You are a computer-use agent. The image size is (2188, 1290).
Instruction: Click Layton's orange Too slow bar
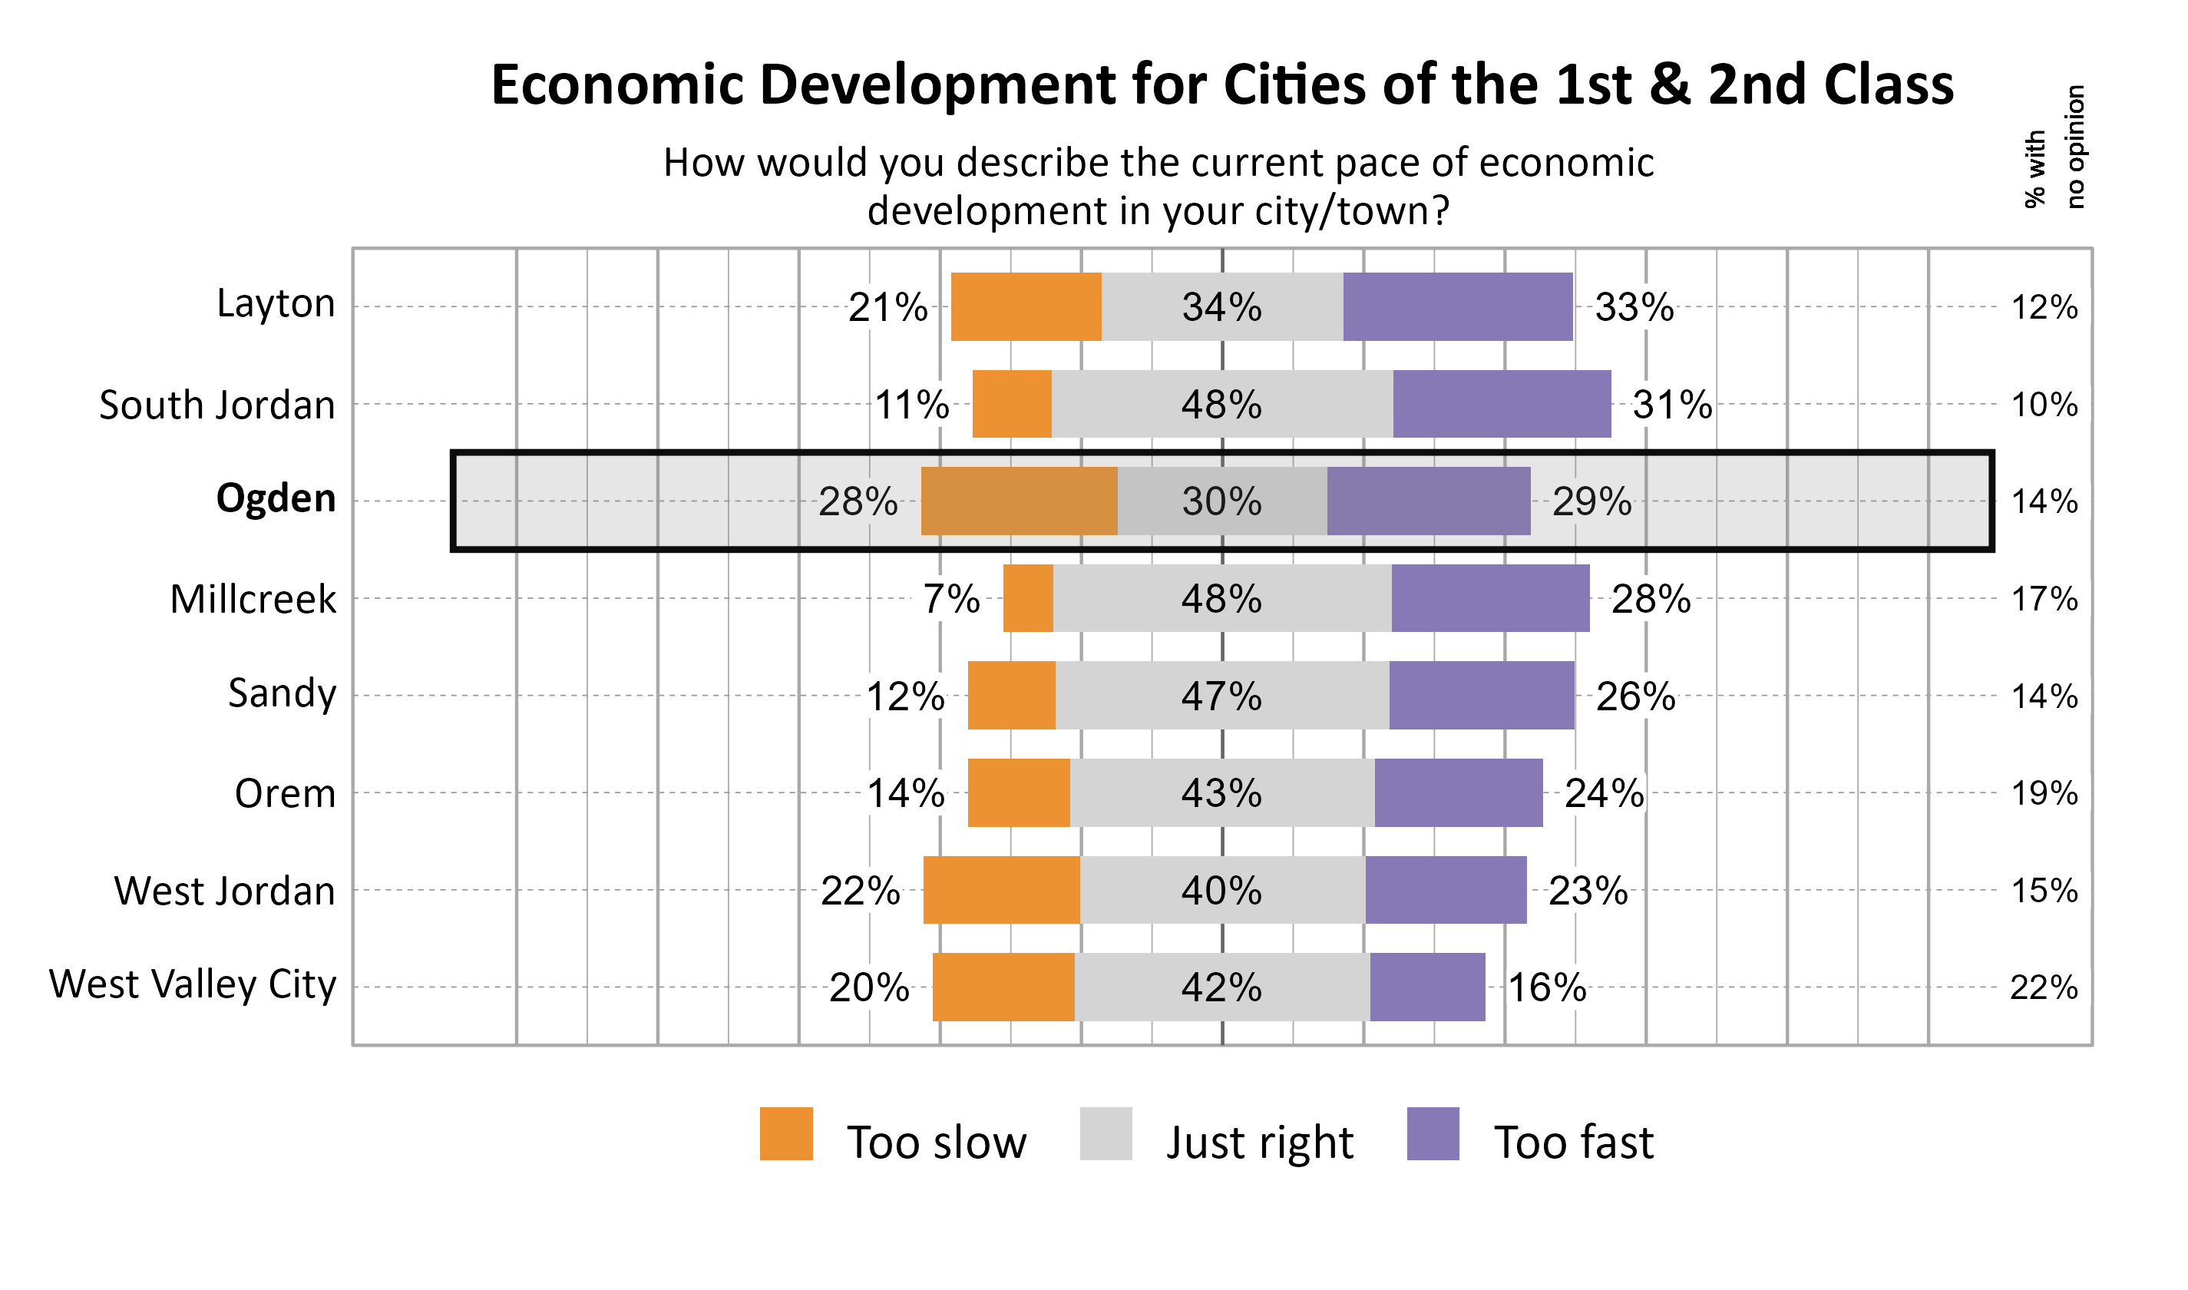tap(1026, 307)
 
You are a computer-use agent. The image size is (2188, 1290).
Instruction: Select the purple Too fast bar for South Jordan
tap(1502, 404)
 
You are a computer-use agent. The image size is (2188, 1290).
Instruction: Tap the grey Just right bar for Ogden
tap(1221, 501)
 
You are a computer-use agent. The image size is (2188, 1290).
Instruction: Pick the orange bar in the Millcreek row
tap(1028, 599)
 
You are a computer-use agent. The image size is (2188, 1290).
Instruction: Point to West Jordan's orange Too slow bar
tap(1001, 890)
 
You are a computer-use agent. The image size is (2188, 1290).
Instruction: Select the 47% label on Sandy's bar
tap(1221, 696)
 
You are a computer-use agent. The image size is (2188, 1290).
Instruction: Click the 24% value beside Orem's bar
tap(1604, 794)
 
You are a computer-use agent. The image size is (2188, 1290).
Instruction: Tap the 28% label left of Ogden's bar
tap(858, 501)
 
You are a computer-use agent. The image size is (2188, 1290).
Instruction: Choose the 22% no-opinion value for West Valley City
tap(2044, 987)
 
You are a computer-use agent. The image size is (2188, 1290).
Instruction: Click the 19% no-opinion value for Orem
tap(2044, 794)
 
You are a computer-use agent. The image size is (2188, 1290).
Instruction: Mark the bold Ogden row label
tap(276, 499)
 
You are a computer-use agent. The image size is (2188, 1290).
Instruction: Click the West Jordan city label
tap(224, 891)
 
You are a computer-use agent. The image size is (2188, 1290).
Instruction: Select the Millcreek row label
tap(253, 599)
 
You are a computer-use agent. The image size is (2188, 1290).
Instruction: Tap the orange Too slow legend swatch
tap(785, 1133)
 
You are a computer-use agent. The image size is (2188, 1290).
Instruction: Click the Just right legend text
tap(1260, 1143)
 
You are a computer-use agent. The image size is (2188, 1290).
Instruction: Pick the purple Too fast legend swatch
tap(1433, 1133)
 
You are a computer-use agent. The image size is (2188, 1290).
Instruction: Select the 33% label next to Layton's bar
tap(1634, 307)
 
